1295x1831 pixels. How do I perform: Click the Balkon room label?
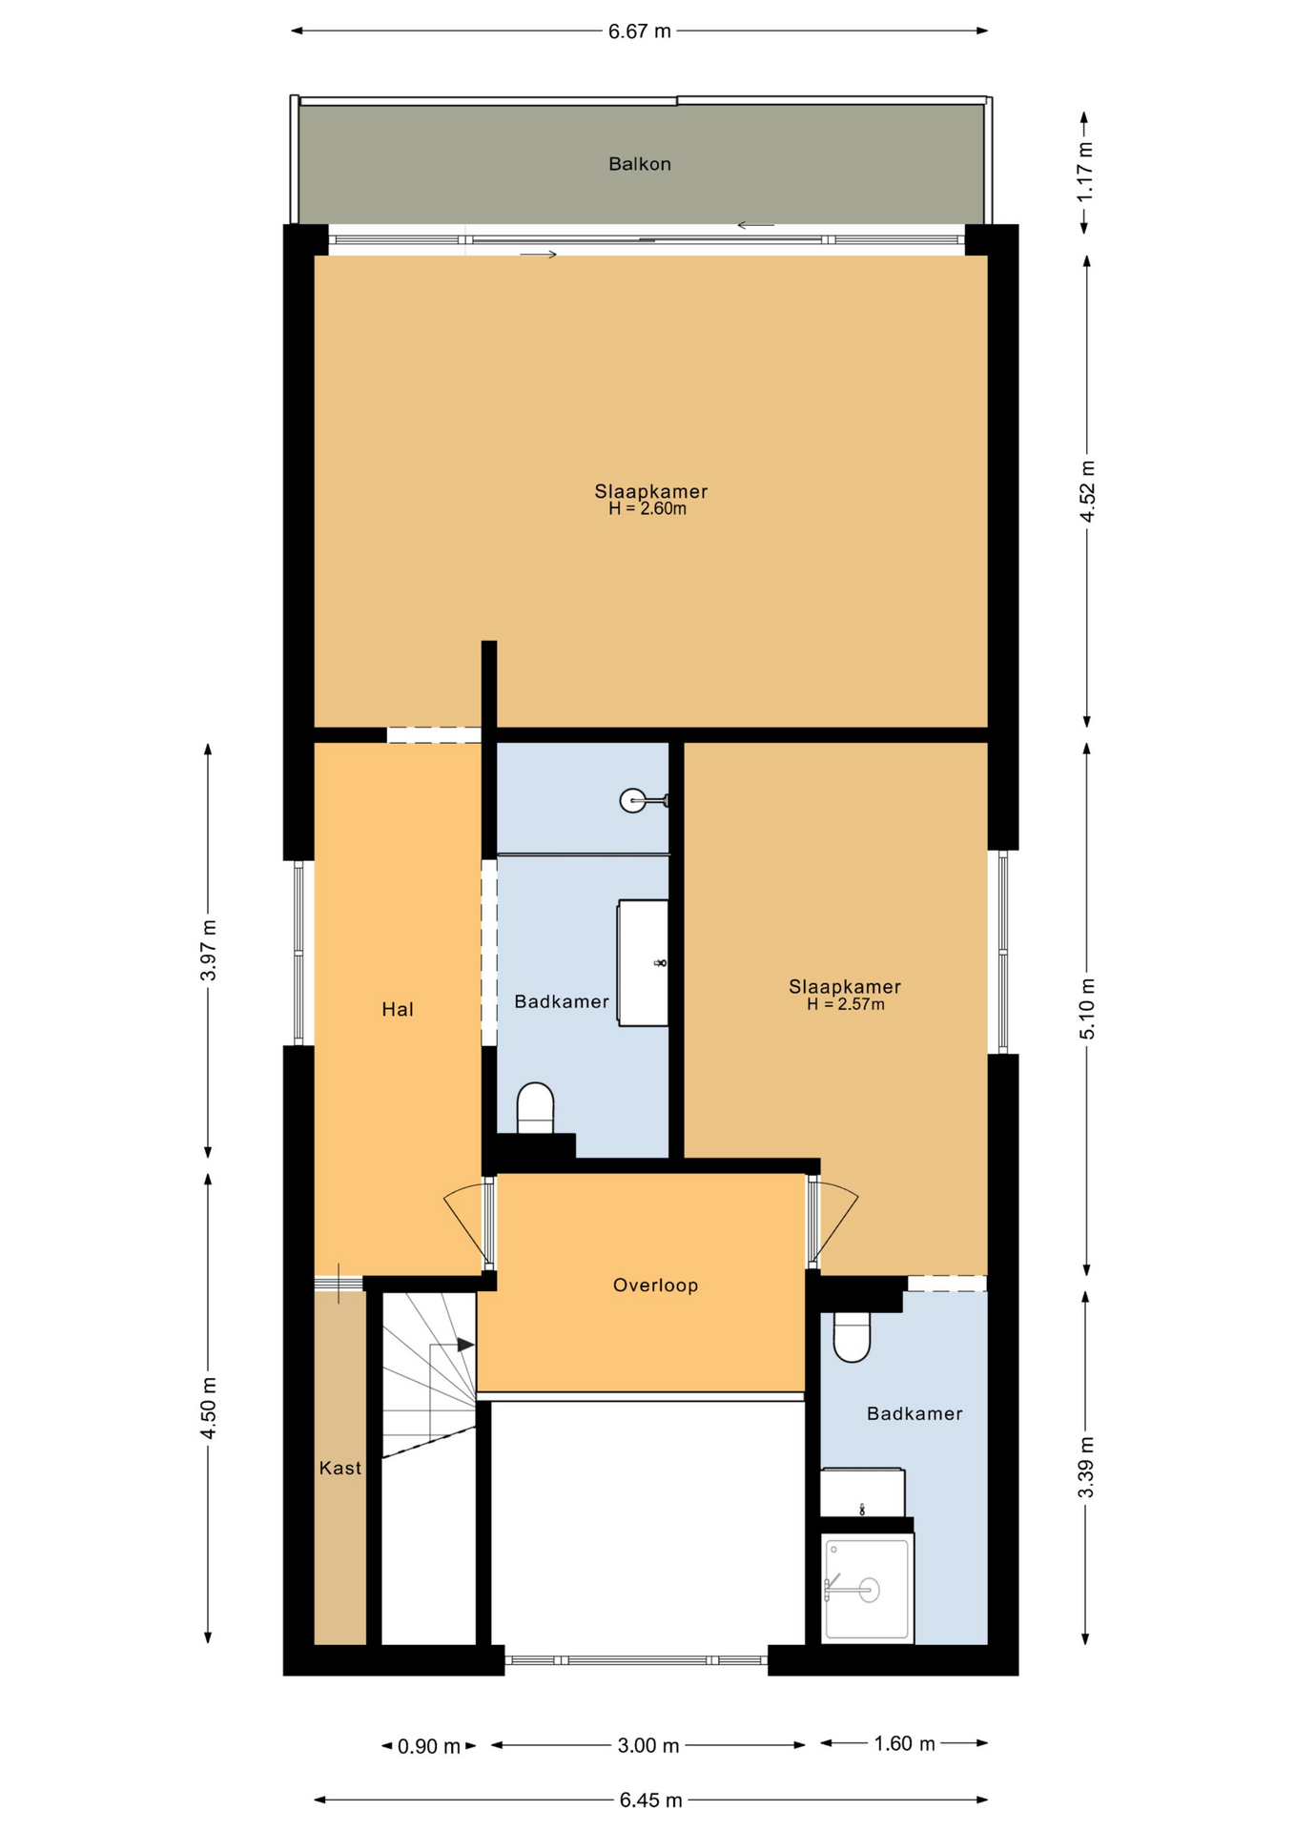[x=639, y=164]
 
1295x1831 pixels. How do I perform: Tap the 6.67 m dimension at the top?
[x=639, y=31]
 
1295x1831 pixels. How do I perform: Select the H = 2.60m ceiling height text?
[x=647, y=509]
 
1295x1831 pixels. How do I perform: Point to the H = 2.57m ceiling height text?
[x=845, y=1004]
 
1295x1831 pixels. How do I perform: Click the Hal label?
[x=398, y=1009]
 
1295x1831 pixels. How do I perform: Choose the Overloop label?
[x=655, y=1286]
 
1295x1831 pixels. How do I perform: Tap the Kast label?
[x=340, y=1468]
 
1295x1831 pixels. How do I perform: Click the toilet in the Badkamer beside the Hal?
[x=535, y=1108]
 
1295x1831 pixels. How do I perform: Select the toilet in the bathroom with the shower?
[x=852, y=1337]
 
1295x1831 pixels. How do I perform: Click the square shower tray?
[x=868, y=1588]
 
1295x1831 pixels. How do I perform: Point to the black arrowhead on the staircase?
[x=466, y=1345]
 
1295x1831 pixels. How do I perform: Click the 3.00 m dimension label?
[x=648, y=1745]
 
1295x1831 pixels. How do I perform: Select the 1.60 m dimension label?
[x=904, y=1743]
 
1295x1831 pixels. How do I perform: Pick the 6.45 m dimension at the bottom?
[x=650, y=1800]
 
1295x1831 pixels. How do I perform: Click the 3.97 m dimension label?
[x=209, y=950]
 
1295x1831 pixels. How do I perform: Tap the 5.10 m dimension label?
[x=1087, y=1009]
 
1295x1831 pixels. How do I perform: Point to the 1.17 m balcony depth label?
[x=1085, y=172]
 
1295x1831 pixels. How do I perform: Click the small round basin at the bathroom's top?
[x=634, y=800]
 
